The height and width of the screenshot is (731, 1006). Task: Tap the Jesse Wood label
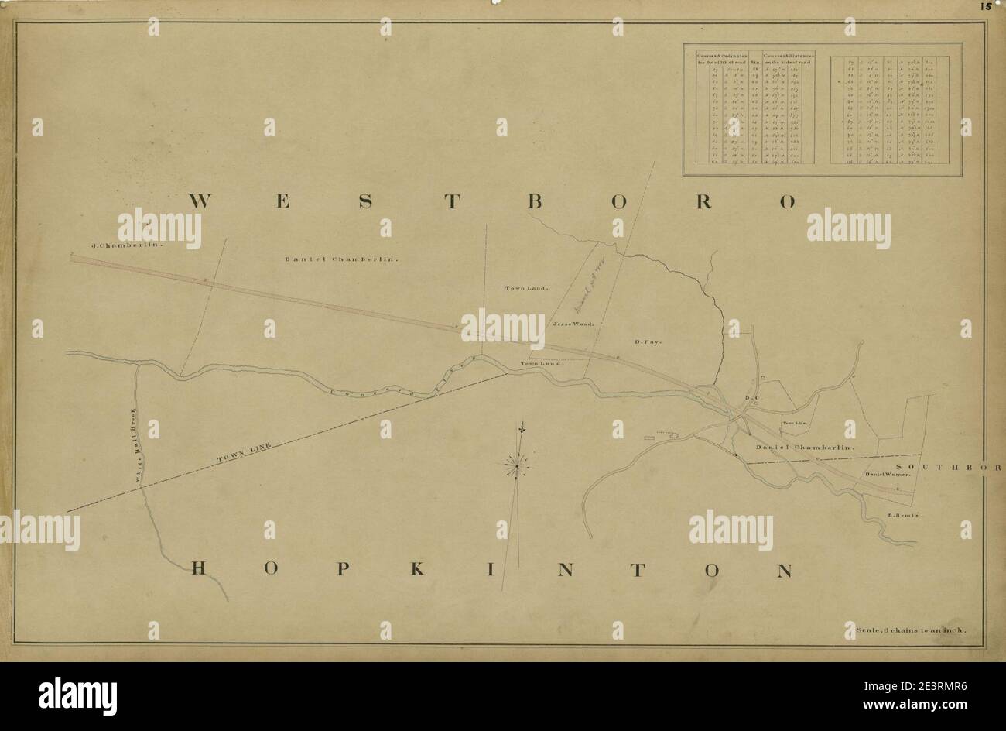[x=573, y=324]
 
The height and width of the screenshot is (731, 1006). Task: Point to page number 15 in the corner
[x=985, y=6]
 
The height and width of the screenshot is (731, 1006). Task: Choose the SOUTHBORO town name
[x=949, y=466]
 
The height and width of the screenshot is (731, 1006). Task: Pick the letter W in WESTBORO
[x=200, y=201]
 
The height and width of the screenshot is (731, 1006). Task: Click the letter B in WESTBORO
[x=533, y=201]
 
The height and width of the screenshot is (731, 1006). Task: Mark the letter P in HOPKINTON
[x=341, y=571]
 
